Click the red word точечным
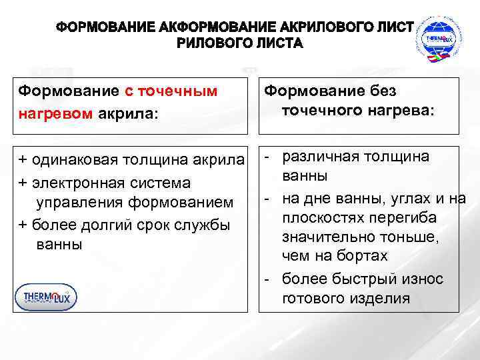click(179, 91)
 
